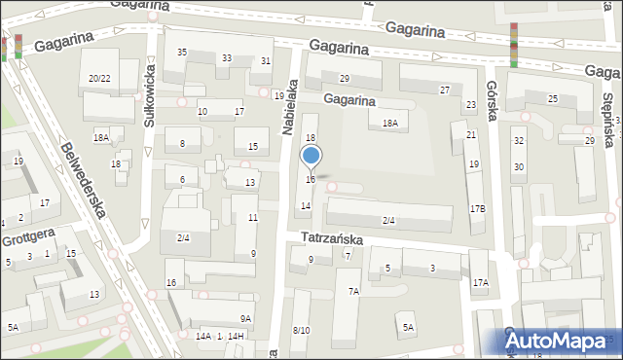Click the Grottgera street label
click(x=28, y=235)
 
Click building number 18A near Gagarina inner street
click(x=389, y=124)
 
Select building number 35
click(x=181, y=52)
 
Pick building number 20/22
click(x=98, y=78)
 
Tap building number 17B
click(x=477, y=208)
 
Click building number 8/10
click(x=301, y=331)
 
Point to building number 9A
click(x=246, y=318)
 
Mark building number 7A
click(x=353, y=291)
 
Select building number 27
click(x=444, y=90)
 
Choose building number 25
click(x=552, y=99)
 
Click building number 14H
click(x=237, y=336)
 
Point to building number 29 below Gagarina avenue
click(x=344, y=78)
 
